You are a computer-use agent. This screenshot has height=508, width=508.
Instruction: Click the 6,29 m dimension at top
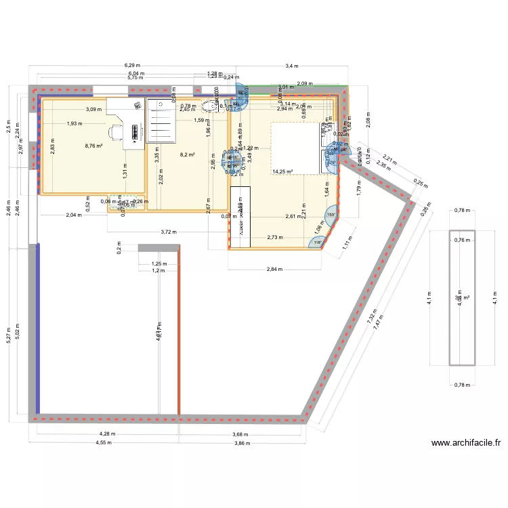pos(129,66)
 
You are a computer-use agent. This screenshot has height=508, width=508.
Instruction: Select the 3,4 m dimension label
pos(291,66)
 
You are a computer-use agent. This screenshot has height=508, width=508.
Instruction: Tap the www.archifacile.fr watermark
pos(466,444)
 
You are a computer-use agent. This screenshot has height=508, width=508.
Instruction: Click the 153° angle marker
pos(331,215)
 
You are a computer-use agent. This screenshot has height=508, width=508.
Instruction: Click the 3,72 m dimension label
pos(168,232)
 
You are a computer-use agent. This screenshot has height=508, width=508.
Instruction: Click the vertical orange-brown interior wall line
pos(179,332)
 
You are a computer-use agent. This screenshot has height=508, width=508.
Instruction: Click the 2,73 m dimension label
pos(275,237)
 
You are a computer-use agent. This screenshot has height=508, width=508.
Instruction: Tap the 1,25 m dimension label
pos(158,263)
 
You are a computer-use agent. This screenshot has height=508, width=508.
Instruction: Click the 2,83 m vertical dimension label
pos(52,146)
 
